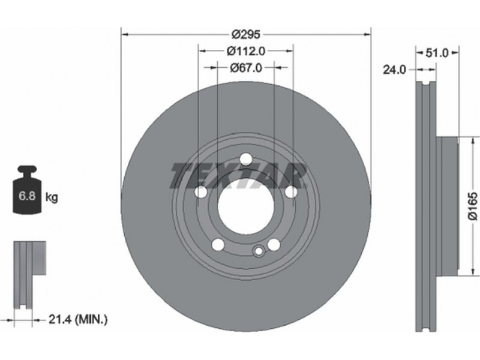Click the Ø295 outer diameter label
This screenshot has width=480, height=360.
click(246, 34)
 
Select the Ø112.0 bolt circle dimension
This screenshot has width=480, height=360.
click(246, 51)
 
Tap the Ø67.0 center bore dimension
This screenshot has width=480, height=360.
click(246, 68)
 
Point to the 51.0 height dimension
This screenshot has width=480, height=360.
click(437, 53)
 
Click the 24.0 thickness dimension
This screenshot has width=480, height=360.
click(394, 70)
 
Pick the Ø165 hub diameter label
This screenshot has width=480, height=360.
click(473, 206)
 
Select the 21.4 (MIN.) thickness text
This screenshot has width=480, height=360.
click(78, 320)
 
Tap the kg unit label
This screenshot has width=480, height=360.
click(52, 197)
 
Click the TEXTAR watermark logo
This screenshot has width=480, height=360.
click(238, 175)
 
